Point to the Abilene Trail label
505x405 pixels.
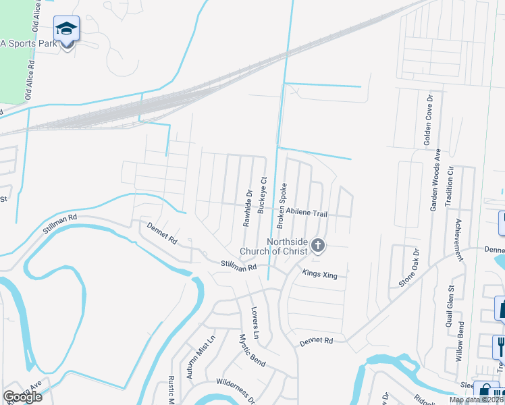tap(307, 213)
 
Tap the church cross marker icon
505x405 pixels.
tap(317, 246)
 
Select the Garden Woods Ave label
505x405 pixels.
tap(436, 180)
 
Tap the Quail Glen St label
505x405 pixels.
tap(449, 306)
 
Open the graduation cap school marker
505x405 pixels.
tap(66, 29)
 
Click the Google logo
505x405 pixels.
tap(22, 396)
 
